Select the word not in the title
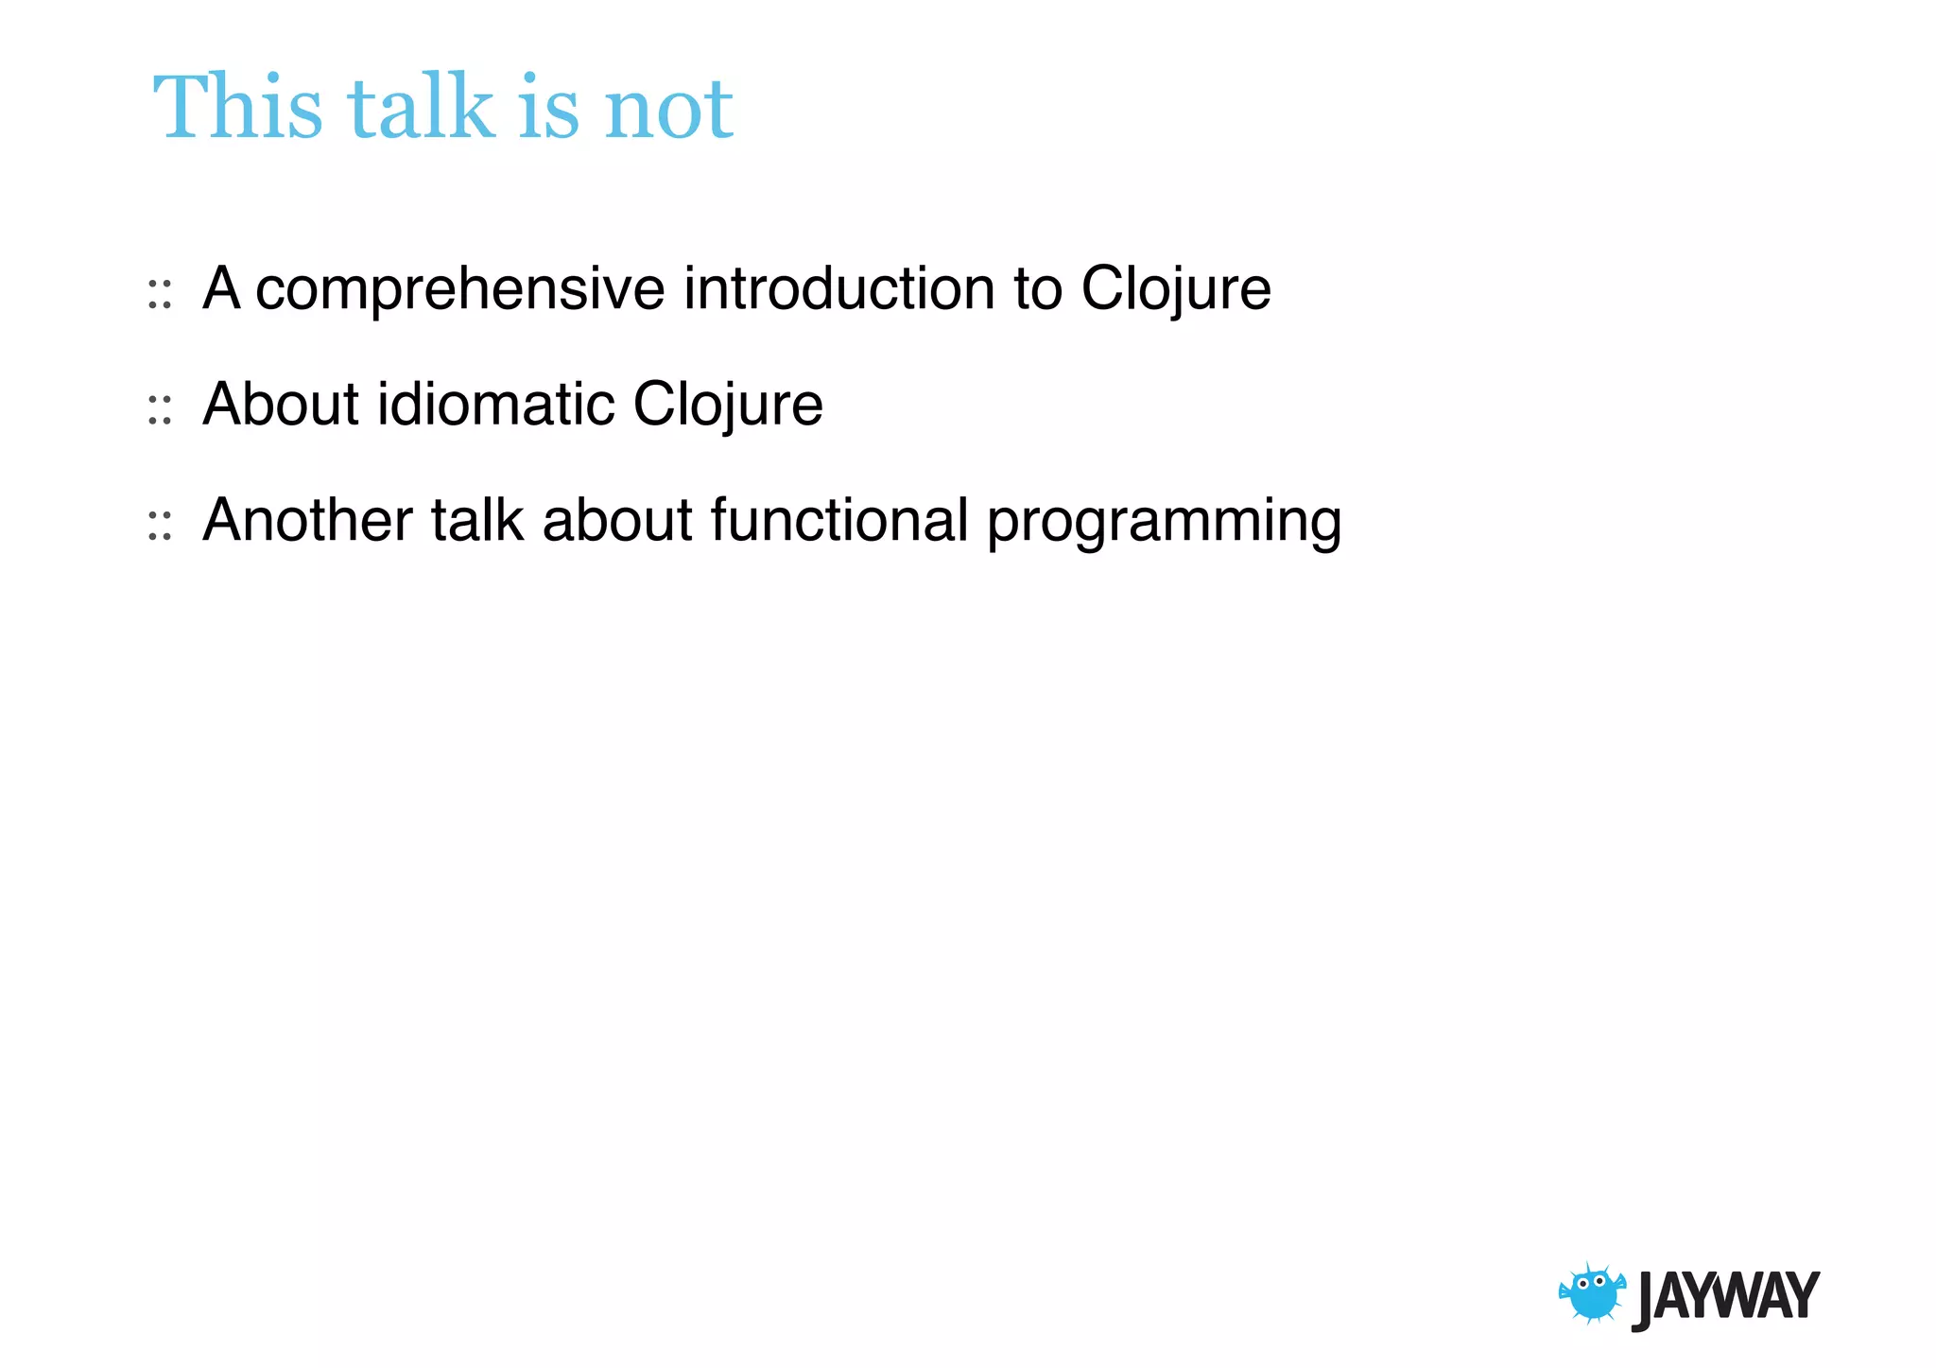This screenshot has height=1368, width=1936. tap(668, 110)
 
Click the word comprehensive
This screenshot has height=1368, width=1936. tap(460, 289)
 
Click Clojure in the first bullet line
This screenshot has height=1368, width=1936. tap(1176, 289)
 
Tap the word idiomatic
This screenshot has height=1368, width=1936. tap(496, 405)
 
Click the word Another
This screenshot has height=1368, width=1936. tap(308, 520)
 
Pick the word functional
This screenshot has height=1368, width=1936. tap(839, 520)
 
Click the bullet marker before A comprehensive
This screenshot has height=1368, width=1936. tap(160, 295)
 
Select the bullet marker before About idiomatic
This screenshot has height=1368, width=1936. tap(160, 411)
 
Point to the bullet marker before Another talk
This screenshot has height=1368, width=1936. tap(160, 527)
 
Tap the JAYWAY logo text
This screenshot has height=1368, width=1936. tap(1725, 1297)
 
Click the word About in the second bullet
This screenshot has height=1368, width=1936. tap(281, 405)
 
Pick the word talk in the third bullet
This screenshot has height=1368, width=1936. tap(477, 520)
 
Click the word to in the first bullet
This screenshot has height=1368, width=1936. tap(1037, 289)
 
